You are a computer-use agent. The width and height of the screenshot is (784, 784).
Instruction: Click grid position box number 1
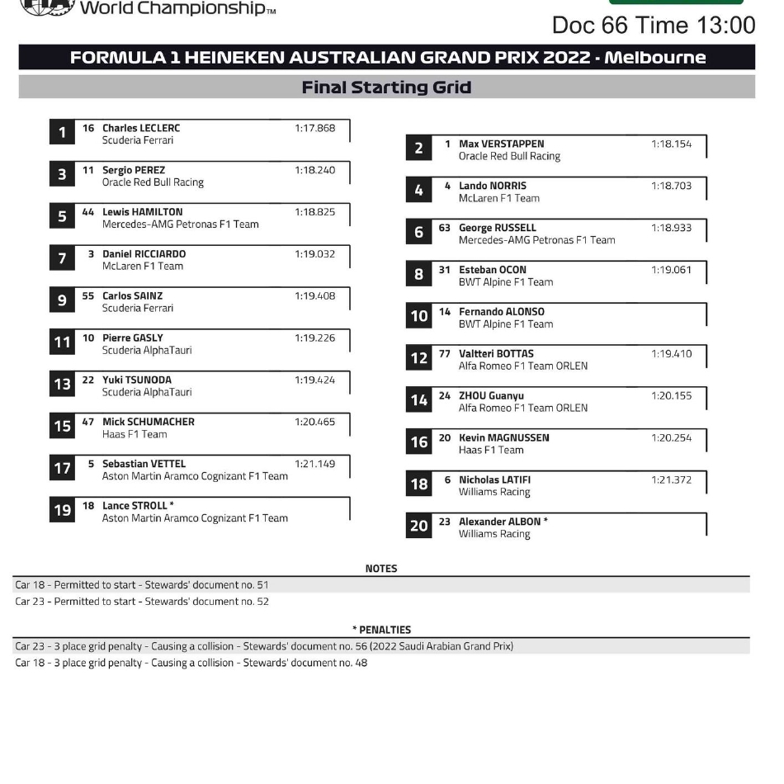pos(62,133)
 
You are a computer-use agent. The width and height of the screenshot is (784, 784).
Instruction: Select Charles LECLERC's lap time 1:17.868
pos(314,128)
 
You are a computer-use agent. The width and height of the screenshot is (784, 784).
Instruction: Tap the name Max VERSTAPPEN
pos(501,144)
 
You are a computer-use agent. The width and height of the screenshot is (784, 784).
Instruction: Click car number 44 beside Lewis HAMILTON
pos(88,212)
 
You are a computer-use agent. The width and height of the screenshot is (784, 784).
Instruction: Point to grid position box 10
pos(418,316)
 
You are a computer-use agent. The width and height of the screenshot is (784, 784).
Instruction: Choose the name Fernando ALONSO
pos(501,312)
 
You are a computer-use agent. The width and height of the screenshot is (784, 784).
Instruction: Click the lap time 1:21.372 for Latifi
pos(671,479)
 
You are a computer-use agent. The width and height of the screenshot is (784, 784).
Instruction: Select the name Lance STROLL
pos(135,506)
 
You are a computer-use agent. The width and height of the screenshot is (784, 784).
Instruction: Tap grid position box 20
pos(418,526)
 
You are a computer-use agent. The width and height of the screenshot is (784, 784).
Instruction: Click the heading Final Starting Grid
pos(386,87)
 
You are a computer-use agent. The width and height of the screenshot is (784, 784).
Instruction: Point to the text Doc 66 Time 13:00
pos(653,25)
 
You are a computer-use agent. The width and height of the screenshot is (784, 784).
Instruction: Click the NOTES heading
pos(380,569)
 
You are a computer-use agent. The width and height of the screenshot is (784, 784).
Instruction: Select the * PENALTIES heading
pos(381,630)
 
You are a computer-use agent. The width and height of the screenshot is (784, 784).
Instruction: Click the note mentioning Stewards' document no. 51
pos(142,585)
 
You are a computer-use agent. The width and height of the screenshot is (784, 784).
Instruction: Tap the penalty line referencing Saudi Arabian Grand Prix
pos(264,646)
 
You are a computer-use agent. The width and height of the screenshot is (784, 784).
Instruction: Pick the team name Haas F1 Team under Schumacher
pos(135,434)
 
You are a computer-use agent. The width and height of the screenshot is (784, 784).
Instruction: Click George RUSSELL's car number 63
pos(445,228)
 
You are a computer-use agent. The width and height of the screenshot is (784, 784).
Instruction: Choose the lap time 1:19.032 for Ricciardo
pos(314,254)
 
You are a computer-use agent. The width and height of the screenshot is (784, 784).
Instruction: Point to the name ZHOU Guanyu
pos(491,396)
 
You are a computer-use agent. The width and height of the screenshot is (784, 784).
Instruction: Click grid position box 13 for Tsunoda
pos(62,385)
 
